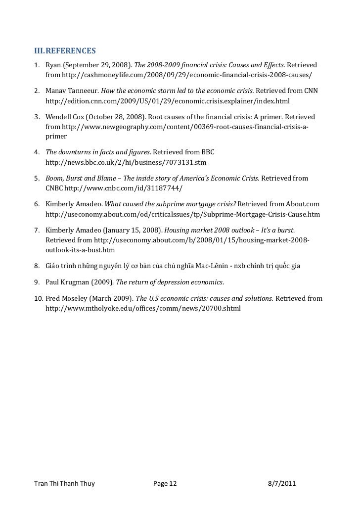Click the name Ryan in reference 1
[54, 65]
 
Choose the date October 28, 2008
[116, 117]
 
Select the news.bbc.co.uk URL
[126, 162]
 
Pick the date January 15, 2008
[132, 230]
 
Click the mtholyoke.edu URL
[143, 308]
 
